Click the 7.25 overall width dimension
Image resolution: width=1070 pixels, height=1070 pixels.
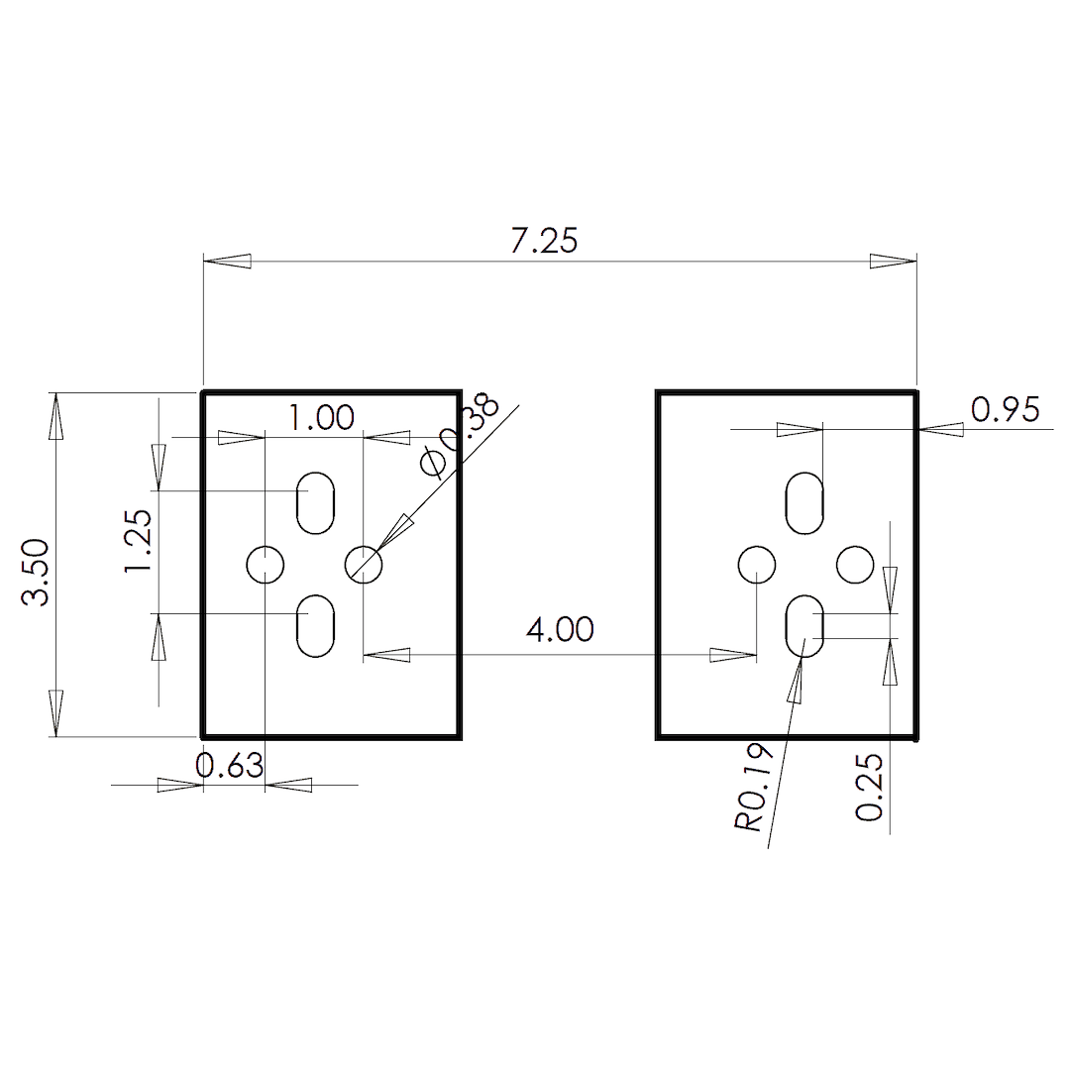544,241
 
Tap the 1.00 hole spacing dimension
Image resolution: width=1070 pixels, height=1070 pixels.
321,418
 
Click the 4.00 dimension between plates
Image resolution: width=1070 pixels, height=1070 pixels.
560,629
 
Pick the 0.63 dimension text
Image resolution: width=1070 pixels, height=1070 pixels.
230,766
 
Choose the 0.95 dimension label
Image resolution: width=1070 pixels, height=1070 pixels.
1005,409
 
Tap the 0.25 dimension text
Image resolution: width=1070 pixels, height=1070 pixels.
869,788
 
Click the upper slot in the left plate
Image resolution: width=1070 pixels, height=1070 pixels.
316,502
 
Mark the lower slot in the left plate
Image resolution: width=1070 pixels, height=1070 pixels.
316,625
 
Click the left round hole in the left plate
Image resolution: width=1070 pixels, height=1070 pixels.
266,565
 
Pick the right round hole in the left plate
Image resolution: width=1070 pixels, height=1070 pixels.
364,565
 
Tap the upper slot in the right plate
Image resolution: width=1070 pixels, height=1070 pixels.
805,502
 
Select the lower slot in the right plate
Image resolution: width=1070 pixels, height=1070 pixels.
804,625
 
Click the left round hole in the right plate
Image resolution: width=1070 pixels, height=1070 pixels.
758,565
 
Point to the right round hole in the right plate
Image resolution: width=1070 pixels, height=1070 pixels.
855,565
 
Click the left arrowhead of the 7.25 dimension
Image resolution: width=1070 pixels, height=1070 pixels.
227,262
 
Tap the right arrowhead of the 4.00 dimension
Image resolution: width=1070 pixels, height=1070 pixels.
734,654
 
